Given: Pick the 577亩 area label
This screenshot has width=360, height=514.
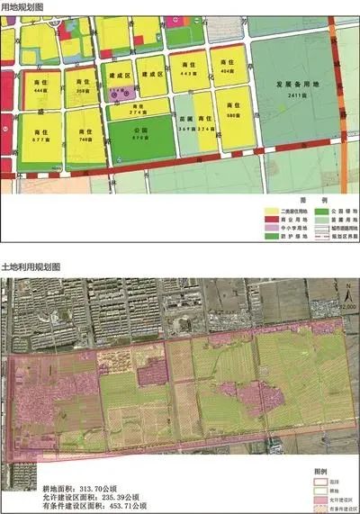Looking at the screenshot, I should [x=40, y=141].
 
